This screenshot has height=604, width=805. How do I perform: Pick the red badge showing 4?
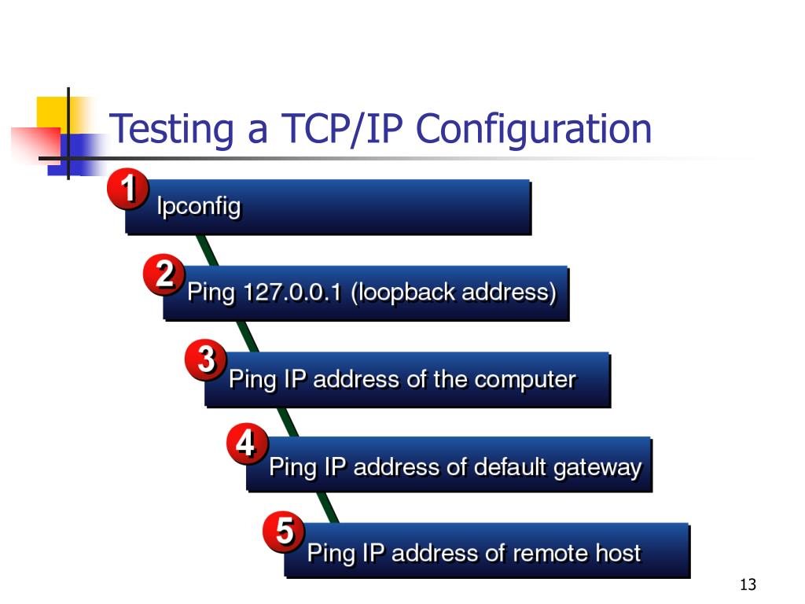point(247,446)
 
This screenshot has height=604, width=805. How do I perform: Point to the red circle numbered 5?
point(285,532)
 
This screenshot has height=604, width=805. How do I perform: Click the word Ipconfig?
point(199,208)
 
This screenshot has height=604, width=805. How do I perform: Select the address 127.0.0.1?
point(292,293)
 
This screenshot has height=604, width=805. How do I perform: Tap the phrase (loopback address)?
point(454,293)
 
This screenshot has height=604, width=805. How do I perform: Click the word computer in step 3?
point(525,380)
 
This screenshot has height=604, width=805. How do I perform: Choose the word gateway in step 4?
point(597,468)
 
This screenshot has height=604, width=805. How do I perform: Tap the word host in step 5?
point(618,554)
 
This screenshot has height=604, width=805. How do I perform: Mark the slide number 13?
point(748,585)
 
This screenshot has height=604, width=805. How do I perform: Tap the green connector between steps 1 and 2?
point(208,251)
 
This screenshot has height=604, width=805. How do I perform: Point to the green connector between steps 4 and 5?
point(329,508)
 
